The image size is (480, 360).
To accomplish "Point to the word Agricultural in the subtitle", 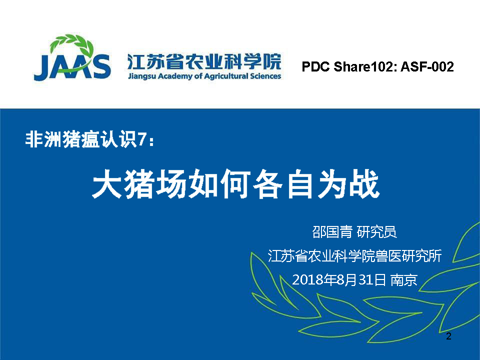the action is [x=225, y=76].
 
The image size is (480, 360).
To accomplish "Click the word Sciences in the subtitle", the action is [x=265, y=76].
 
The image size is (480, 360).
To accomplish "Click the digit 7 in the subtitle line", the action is [x=141, y=140].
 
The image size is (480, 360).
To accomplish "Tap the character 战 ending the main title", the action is [x=365, y=183].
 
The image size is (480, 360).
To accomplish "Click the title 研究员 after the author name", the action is [x=377, y=232].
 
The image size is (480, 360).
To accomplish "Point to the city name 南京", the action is [x=404, y=280].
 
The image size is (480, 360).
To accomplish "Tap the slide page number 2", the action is [x=448, y=336].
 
